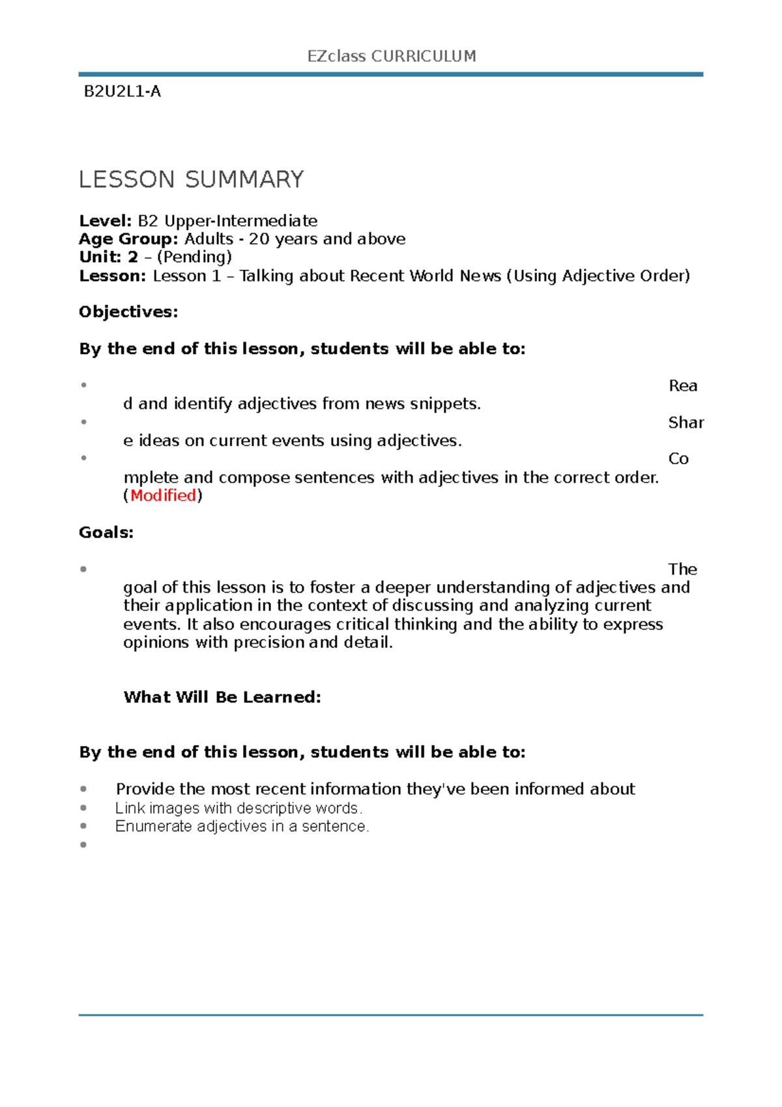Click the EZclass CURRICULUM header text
391,56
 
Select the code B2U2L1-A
123,91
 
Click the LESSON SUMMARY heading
191,179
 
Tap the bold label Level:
105,220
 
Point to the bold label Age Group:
128,239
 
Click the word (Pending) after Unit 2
194,257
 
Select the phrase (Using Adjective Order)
598,276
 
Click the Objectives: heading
128,312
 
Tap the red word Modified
163,495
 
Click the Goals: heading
106,533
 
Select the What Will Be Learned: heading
222,698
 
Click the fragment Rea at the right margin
682,386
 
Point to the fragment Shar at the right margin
686,422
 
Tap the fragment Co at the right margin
678,459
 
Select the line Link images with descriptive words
239,808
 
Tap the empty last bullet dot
83,845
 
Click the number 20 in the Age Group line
259,239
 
